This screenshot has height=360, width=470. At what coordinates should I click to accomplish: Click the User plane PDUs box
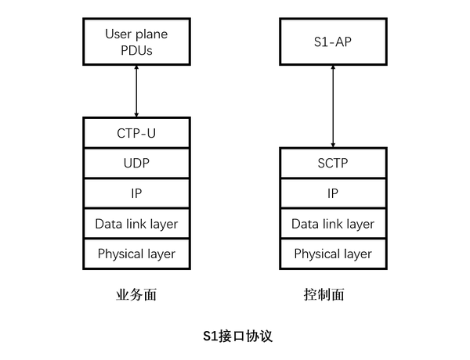click(136, 42)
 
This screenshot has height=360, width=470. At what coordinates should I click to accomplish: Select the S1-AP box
click(333, 42)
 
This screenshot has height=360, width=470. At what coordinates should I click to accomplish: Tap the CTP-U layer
click(136, 134)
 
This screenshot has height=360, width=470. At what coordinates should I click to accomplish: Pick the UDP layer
click(136, 164)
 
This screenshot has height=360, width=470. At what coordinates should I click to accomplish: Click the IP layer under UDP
click(136, 193)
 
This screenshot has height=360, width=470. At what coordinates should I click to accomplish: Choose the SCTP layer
click(333, 164)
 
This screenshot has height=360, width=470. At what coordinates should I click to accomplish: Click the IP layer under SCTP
click(333, 193)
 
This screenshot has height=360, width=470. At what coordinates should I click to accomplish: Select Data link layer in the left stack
click(136, 224)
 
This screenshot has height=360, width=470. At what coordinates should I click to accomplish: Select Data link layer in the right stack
click(333, 224)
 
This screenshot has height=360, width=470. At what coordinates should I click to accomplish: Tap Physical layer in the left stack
click(136, 254)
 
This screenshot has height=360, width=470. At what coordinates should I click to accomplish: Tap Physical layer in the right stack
click(333, 254)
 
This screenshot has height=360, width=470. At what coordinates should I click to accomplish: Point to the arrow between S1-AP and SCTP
click(333, 106)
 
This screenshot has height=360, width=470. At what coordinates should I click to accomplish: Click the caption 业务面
click(136, 295)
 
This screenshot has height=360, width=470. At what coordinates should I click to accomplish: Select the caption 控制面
click(324, 295)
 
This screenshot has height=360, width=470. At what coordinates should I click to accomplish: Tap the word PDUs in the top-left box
click(136, 51)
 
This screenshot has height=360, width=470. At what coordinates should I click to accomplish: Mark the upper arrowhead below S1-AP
click(333, 70)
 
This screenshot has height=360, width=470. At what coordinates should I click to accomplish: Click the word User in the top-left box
click(119, 34)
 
